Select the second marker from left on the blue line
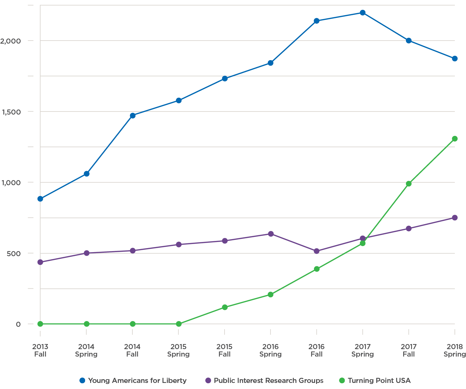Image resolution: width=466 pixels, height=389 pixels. (86, 173)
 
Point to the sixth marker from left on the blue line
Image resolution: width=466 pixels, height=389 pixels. (270, 63)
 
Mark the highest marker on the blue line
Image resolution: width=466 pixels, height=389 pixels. (362, 13)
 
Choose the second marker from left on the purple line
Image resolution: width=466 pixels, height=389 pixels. (86, 253)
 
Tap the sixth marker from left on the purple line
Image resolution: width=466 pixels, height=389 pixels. (270, 234)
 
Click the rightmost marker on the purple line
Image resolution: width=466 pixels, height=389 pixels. (455, 217)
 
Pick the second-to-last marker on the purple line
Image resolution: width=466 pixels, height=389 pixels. (409, 228)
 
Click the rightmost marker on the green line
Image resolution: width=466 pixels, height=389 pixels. (455, 139)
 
